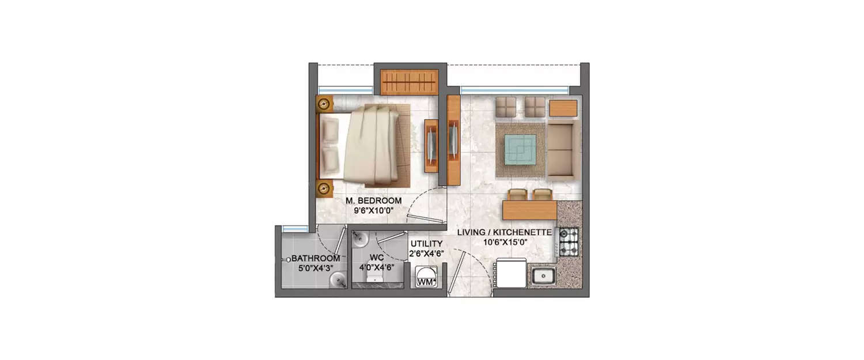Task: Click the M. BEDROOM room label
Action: (x=374, y=200)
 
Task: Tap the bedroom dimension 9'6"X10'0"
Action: (x=374, y=210)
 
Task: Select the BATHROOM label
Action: (x=315, y=259)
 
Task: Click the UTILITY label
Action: (x=426, y=244)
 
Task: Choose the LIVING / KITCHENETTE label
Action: (x=505, y=233)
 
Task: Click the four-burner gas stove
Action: (x=569, y=242)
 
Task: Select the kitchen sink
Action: (x=543, y=276)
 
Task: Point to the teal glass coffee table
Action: (x=521, y=149)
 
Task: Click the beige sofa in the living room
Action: (x=563, y=149)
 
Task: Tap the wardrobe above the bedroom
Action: (x=410, y=82)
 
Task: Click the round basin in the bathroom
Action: (x=338, y=280)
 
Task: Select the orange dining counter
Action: (x=529, y=210)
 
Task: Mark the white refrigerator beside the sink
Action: (x=511, y=273)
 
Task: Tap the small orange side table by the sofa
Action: (x=563, y=108)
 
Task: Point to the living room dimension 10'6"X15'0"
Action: (x=505, y=242)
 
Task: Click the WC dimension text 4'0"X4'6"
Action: (x=373, y=267)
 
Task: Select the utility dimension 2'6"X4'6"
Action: (x=426, y=254)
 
